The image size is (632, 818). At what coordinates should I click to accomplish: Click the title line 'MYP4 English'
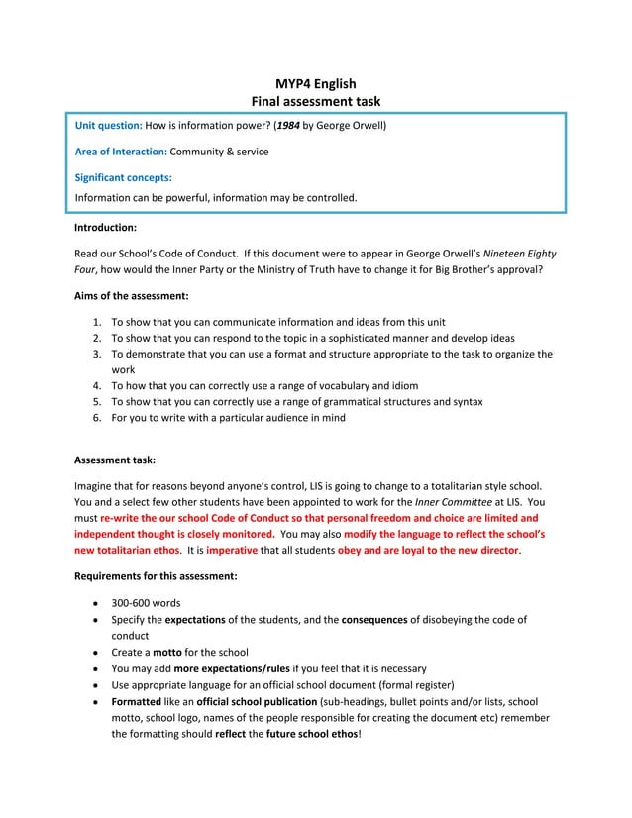point(315,84)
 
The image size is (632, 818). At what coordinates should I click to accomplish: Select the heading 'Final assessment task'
point(315,102)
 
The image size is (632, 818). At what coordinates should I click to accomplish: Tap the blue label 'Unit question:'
point(110,127)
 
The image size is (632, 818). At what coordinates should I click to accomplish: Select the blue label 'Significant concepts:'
point(124,178)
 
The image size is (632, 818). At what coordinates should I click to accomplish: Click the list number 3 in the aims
point(97,354)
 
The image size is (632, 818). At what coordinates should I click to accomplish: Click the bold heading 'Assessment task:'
point(115,460)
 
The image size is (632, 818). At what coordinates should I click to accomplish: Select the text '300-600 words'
point(146,603)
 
